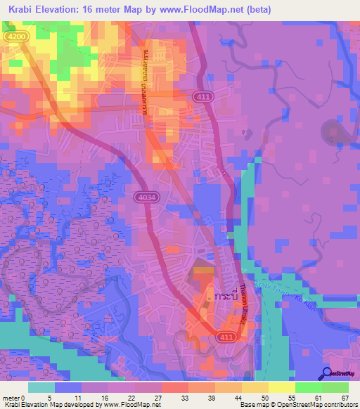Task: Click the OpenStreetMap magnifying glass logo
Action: (326, 374)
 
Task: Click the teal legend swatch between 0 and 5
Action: (41, 387)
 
